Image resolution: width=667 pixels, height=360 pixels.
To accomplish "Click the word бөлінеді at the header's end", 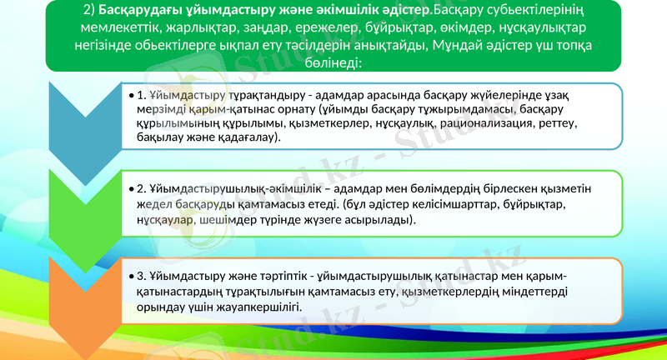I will [x=332, y=64].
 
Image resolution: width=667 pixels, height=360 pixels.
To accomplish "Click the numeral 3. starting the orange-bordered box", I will [x=142, y=275].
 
